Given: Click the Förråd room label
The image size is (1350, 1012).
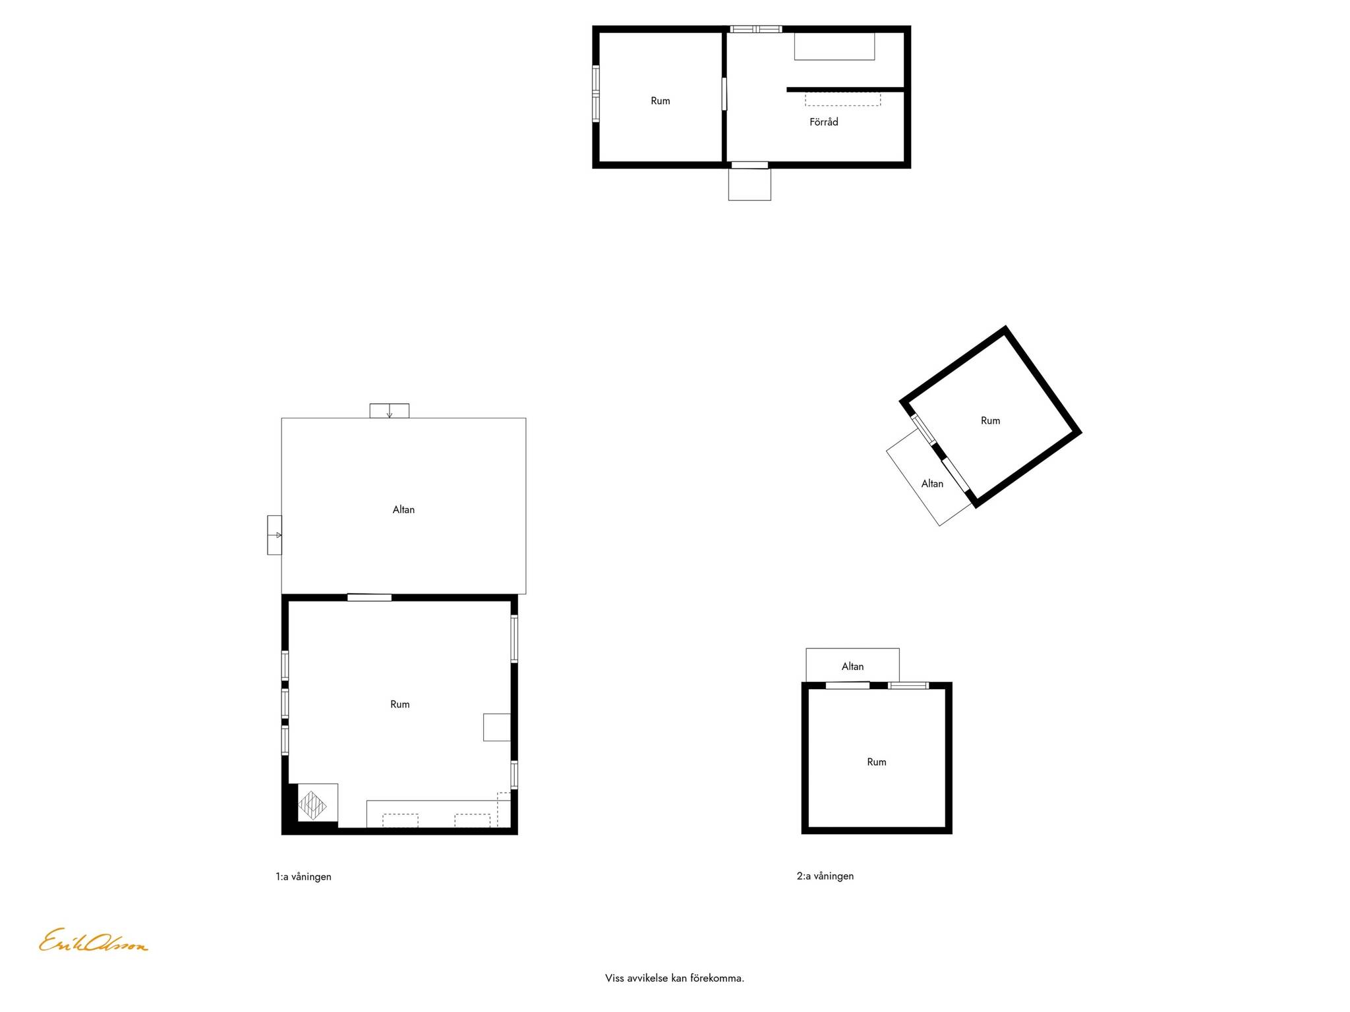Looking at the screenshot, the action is [x=823, y=122].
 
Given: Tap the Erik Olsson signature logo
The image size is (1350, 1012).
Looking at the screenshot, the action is [x=94, y=941].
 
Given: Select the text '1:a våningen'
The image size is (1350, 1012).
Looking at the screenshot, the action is [x=303, y=877].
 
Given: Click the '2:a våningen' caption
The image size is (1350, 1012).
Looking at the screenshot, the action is [x=825, y=876].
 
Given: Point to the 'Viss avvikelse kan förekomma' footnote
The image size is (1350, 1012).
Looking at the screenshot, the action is [x=674, y=978].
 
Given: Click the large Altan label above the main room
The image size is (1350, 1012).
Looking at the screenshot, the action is [x=403, y=509].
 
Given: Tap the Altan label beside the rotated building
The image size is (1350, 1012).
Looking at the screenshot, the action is [x=932, y=484].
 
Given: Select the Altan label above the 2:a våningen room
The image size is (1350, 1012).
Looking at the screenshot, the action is [x=852, y=667].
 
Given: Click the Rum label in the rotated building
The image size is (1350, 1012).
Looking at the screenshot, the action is [x=990, y=421].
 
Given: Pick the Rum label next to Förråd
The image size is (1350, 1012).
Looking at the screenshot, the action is [x=660, y=101].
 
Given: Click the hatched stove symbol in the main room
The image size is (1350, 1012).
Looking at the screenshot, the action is [x=312, y=805].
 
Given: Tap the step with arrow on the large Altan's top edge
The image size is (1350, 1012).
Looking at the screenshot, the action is [x=389, y=410].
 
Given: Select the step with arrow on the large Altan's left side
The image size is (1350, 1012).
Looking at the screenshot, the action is [x=274, y=535].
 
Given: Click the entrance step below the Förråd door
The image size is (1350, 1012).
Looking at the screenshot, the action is [x=749, y=184].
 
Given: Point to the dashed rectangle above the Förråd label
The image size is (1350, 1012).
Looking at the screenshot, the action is [x=842, y=99].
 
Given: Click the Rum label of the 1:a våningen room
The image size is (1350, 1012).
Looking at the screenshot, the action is [x=399, y=704].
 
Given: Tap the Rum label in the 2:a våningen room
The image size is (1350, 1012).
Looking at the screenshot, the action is [x=876, y=762].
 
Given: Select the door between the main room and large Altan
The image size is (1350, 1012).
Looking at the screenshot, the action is [x=369, y=598].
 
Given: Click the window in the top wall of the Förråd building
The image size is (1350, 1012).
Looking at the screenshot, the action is [x=755, y=29].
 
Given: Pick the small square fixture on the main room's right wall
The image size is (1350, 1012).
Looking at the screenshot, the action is [x=497, y=727].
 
